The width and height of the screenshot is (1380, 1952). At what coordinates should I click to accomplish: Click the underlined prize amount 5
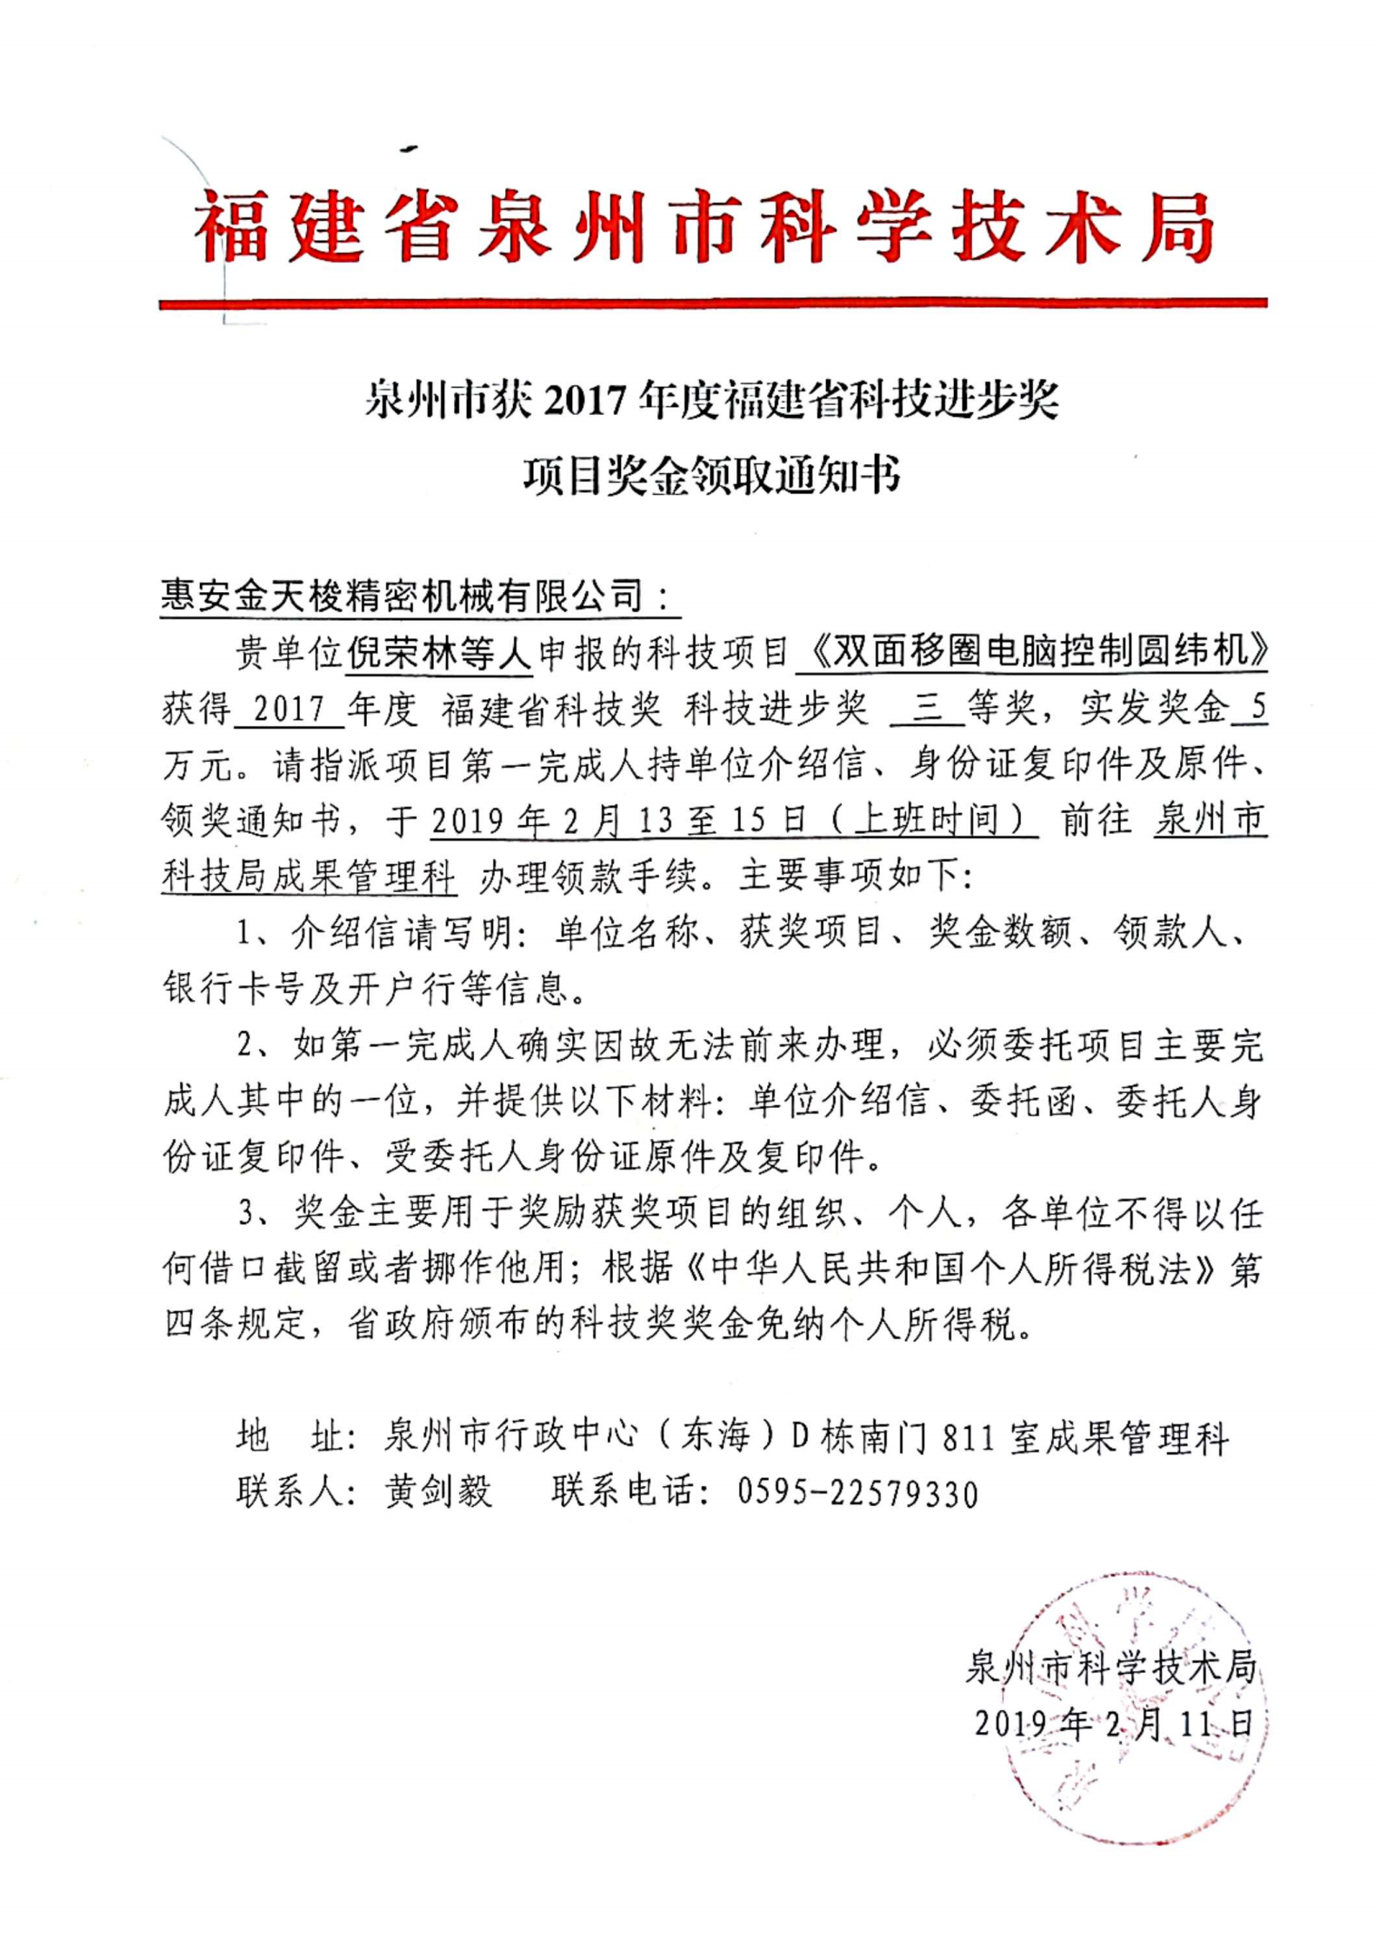pos(1257,710)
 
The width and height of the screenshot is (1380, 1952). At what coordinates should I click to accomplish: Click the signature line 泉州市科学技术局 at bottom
pos(1111,1668)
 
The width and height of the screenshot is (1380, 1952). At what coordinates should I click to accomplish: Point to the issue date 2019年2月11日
pos(1113,1723)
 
